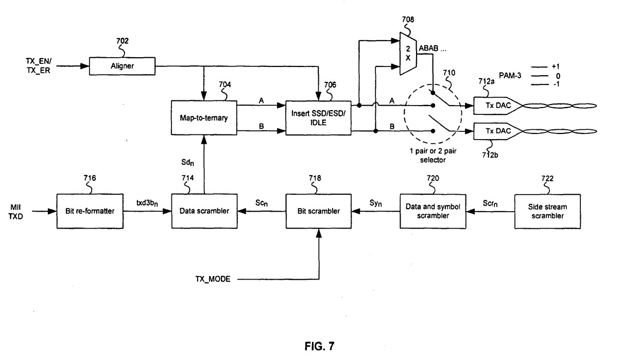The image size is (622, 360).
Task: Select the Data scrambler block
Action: point(204,212)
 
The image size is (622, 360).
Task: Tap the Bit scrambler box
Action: point(319,212)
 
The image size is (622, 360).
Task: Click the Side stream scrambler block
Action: point(547,212)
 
